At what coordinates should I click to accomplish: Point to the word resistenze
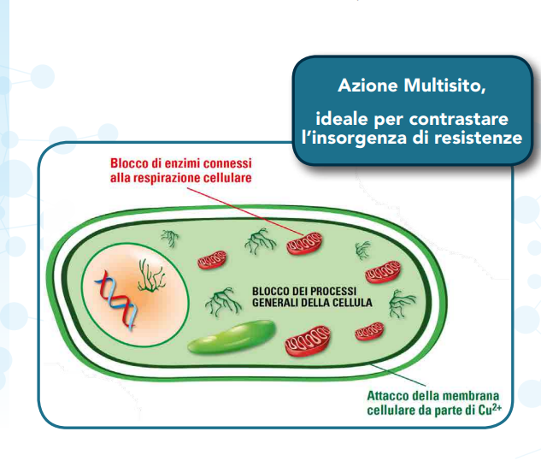coord(474,137)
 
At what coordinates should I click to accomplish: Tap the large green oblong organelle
coord(231,338)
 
